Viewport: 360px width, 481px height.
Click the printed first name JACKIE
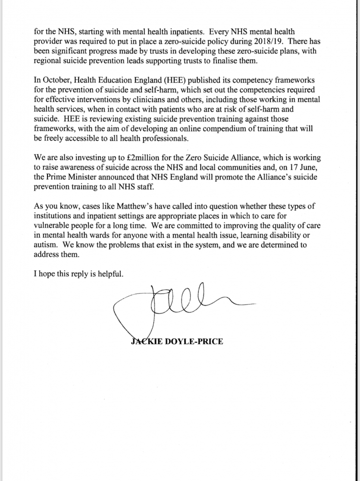click(148, 342)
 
